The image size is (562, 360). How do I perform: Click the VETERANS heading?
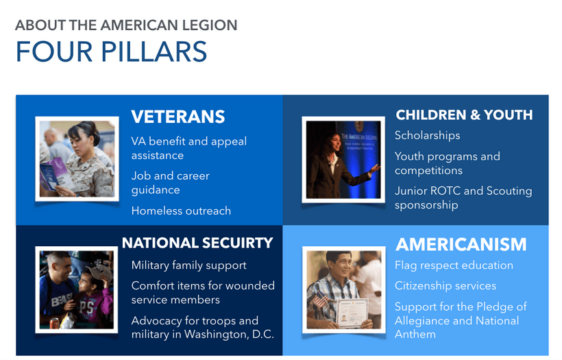click(178, 117)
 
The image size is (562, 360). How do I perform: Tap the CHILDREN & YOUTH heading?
click(464, 115)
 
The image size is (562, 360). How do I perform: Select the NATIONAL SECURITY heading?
click(197, 243)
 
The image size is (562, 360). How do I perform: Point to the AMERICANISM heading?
click(461, 245)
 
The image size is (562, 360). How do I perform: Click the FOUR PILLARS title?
click(112, 51)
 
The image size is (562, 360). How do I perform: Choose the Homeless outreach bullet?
click(181, 211)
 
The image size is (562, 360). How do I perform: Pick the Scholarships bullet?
click(427, 136)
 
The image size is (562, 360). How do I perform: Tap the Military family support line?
click(189, 265)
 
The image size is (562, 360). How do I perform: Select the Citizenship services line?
click(445, 286)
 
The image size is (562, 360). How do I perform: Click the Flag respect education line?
click(454, 265)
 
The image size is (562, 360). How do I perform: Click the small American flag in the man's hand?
click(320, 300)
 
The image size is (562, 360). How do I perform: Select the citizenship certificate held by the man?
click(352, 312)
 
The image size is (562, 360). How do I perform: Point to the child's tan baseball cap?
click(97, 272)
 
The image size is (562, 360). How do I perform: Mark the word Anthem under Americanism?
click(415, 335)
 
